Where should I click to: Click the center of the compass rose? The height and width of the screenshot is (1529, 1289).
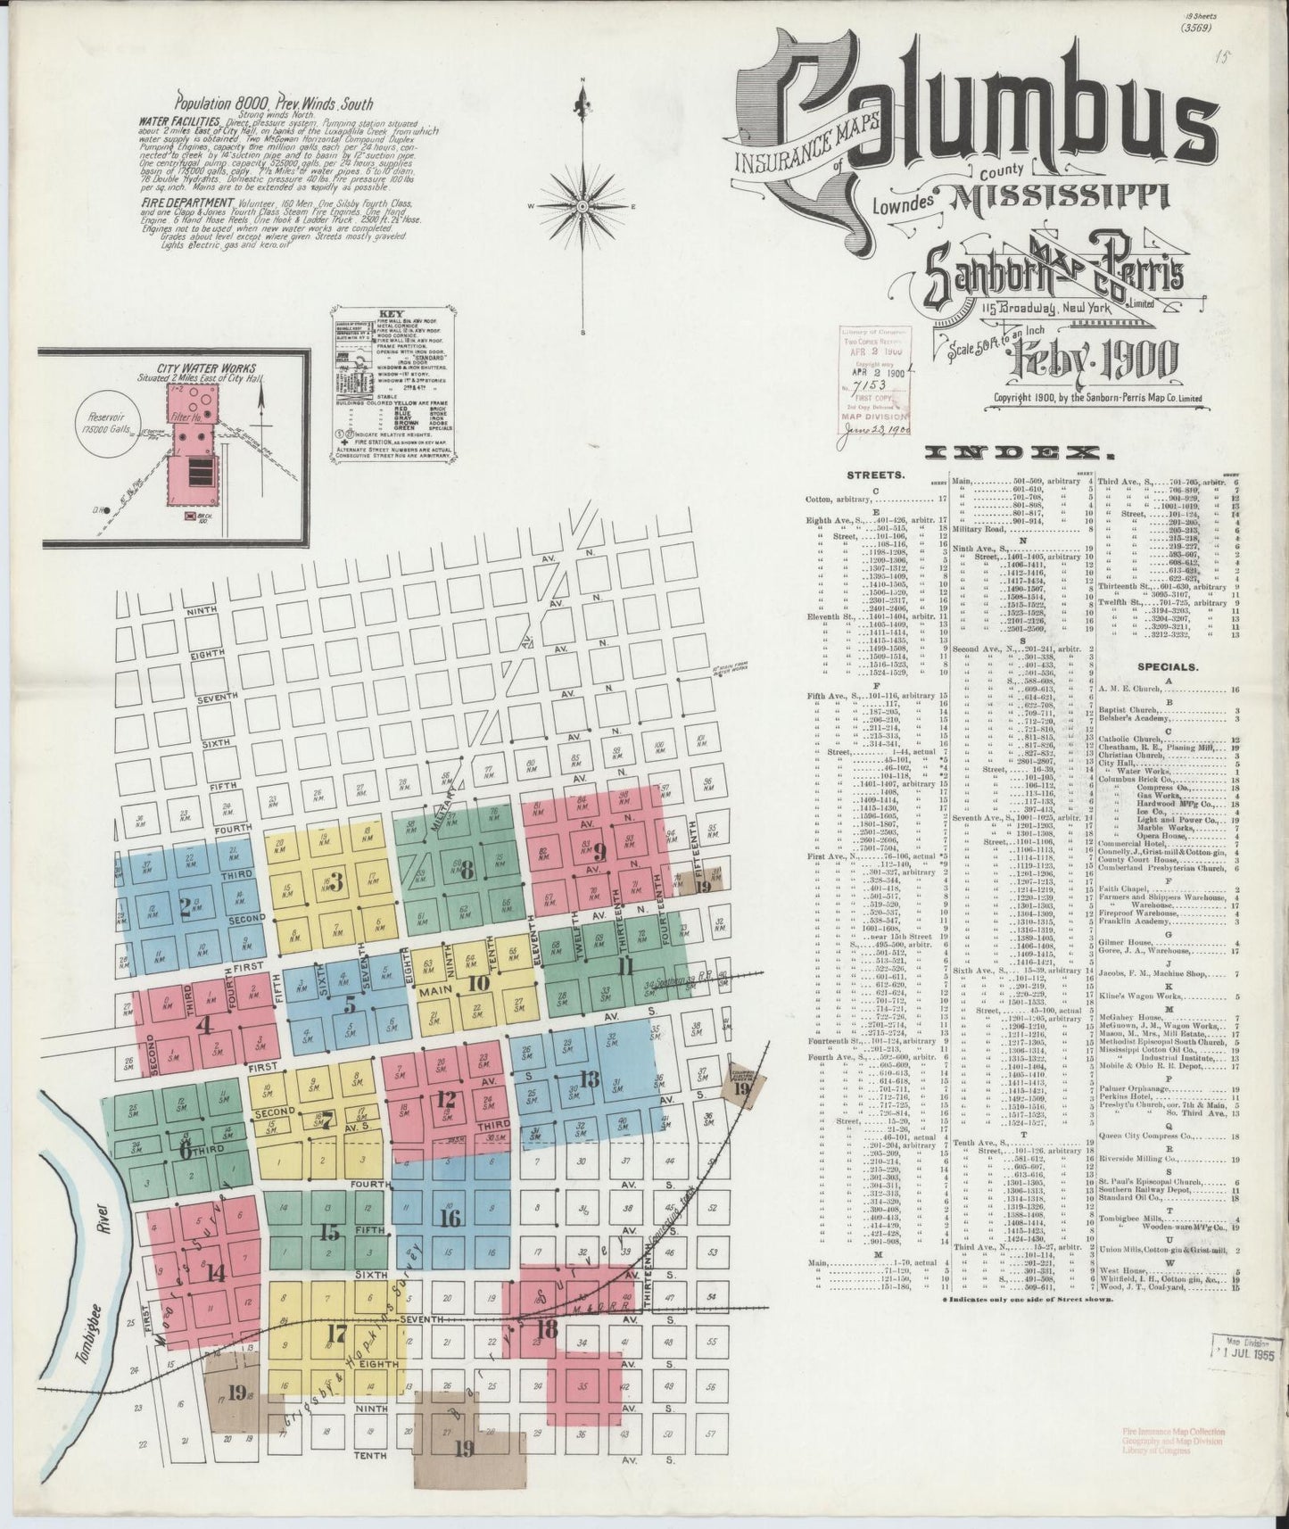[x=583, y=206]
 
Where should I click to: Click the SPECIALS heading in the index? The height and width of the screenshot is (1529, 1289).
[x=1166, y=666]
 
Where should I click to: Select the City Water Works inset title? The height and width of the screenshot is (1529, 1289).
[x=206, y=368]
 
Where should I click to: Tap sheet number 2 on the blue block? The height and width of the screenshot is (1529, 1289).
[x=185, y=907]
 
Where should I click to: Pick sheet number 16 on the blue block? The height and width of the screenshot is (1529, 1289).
[x=450, y=1217]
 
